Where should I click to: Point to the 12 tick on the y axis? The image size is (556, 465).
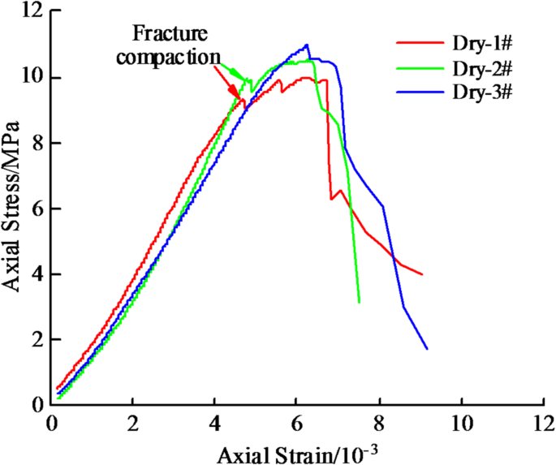pyautogui.click(x=32, y=12)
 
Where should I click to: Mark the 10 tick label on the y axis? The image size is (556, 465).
pyautogui.click(x=32, y=78)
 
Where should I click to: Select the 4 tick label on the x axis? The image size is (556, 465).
pyautogui.click(x=214, y=422)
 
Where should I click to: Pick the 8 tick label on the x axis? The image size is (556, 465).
pyautogui.click(x=378, y=422)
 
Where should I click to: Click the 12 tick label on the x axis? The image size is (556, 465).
pyautogui.click(x=541, y=422)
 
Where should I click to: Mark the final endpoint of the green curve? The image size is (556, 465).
pyautogui.click(x=359, y=302)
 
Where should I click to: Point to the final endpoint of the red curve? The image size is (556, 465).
pyautogui.click(x=422, y=274)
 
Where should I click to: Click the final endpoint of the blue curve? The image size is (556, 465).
pyautogui.click(x=427, y=349)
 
